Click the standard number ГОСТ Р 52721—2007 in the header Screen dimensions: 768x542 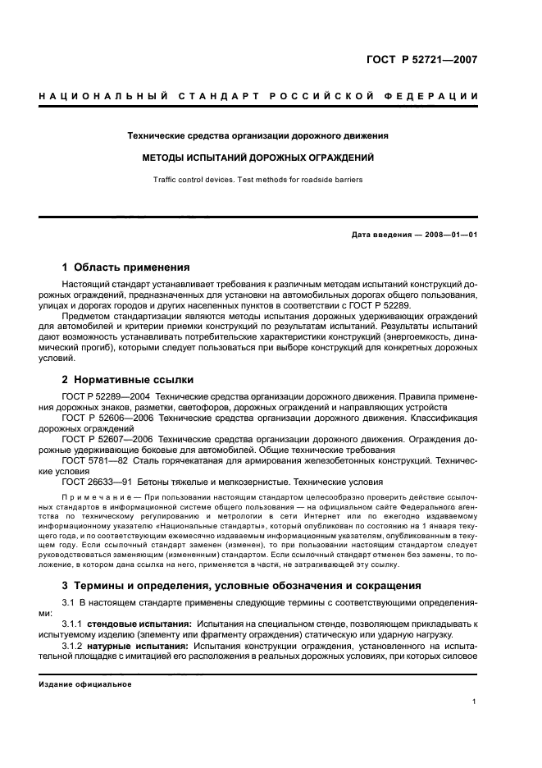click(x=423, y=59)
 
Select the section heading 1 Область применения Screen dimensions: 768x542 click(x=126, y=267)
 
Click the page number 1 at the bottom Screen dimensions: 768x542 click(x=475, y=702)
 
